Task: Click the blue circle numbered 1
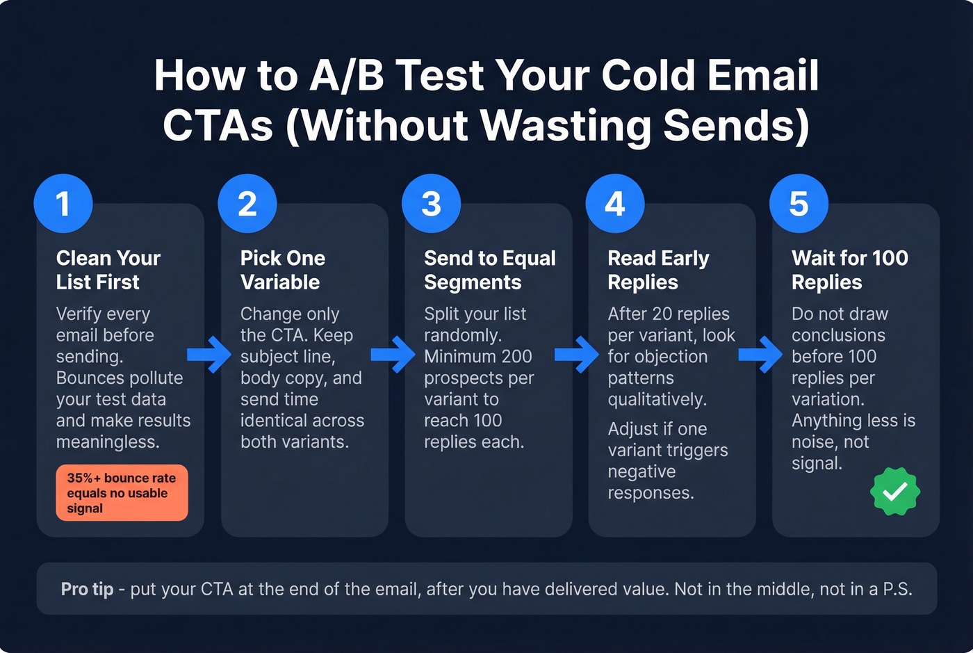pos(63,204)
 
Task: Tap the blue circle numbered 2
pos(247,204)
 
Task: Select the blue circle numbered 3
pos(431,204)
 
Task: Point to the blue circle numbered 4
pos(615,204)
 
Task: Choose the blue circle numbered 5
pos(799,204)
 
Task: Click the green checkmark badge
pos(895,492)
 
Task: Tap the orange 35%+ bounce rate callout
pos(122,493)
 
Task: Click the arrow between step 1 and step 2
pos(209,355)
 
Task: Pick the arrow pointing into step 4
pos(577,355)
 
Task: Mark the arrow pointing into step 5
pos(760,355)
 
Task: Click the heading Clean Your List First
pos(108,270)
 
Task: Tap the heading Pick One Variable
pos(282,270)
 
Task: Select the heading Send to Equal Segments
pos(489,270)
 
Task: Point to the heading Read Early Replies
pos(658,270)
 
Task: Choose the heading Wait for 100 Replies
pos(849,270)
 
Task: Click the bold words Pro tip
pos(87,589)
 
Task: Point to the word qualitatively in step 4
pos(657,399)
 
